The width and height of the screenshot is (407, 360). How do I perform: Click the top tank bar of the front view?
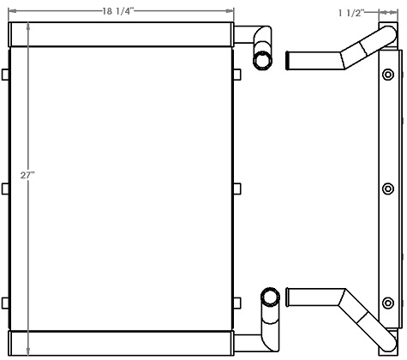(x=121, y=35)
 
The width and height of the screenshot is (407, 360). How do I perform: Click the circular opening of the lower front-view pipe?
(x=270, y=297)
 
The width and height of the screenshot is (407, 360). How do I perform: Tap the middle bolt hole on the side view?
(x=388, y=189)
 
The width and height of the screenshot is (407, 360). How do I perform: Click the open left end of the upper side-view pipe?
(x=290, y=63)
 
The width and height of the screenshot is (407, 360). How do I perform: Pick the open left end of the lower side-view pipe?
(x=290, y=298)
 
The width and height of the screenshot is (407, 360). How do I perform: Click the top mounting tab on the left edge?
(x=7, y=75)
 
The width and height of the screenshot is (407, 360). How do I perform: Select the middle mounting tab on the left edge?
(x=7, y=189)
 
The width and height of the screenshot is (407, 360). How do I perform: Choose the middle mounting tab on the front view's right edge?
(x=236, y=189)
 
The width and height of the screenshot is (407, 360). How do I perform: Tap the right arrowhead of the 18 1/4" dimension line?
(x=230, y=11)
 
